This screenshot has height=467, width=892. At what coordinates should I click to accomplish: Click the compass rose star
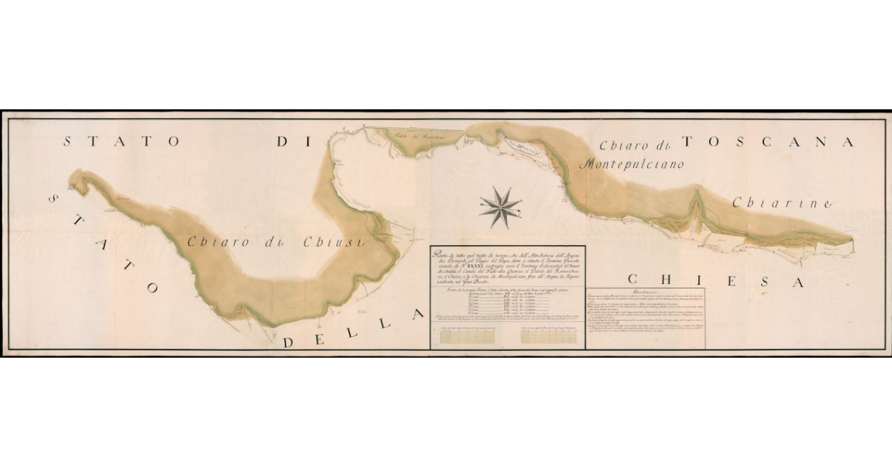(500, 207)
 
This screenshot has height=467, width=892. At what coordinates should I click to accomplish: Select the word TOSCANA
(768, 141)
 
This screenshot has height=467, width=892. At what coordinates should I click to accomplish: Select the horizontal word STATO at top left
(122, 141)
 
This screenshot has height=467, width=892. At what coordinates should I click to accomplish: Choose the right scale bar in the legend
(551, 336)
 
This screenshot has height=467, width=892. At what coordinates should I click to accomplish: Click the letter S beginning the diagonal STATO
(54, 200)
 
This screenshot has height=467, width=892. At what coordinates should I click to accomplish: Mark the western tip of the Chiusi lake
(71, 178)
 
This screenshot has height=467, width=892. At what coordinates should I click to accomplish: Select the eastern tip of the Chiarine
(850, 239)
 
